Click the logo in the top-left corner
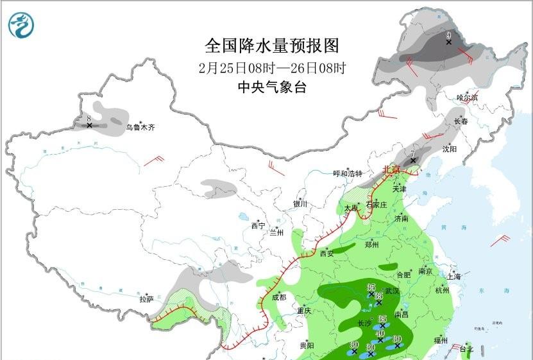click(22, 24)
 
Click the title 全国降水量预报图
click(271, 46)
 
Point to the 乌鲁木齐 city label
click(140, 128)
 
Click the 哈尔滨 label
click(467, 98)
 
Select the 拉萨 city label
click(146, 299)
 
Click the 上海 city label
click(454, 277)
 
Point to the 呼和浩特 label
click(348, 174)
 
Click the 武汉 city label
click(392, 291)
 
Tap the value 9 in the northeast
click(449, 35)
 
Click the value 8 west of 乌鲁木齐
click(89, 118)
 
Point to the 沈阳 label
click(449, 149)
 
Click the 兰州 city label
click(277, 232)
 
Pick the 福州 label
click(440, 339)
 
